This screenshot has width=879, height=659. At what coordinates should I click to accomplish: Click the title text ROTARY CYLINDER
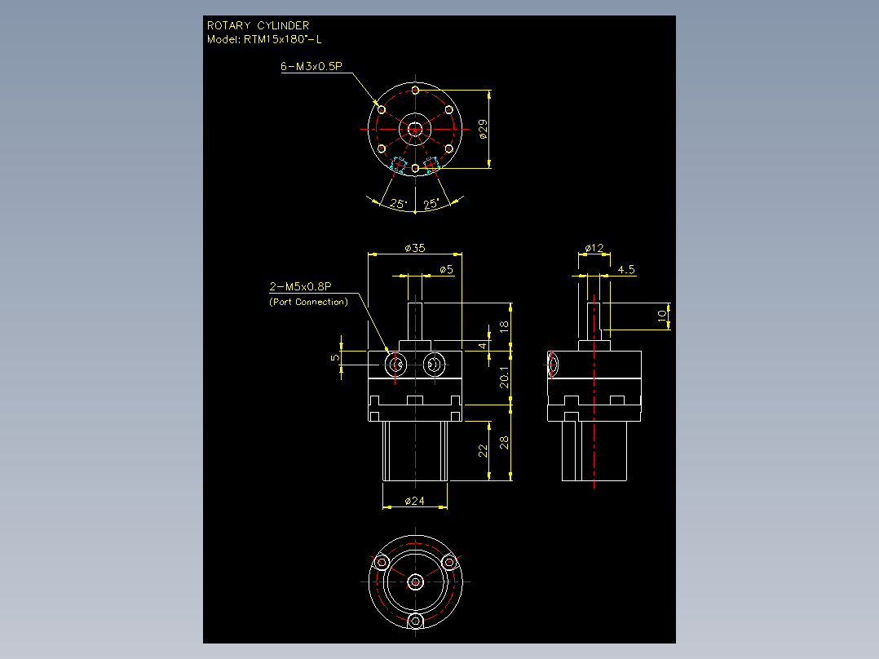(x=258, y=26)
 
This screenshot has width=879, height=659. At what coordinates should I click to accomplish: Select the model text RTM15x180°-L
(x=282, y=39)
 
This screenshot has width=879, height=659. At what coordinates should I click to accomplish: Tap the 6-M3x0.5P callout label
(x=311, y=66)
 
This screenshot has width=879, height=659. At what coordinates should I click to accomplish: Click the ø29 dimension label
(x=484, y=129)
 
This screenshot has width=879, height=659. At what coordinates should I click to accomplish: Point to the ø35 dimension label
(x=415, y=248)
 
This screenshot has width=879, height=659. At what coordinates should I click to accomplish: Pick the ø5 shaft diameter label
(x=446, y=270)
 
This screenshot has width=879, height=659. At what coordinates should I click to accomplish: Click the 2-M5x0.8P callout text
(x=300, y=286)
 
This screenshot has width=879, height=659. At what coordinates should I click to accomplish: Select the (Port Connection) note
(x=308, y=302)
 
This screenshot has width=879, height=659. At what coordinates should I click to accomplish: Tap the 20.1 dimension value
(x=505, y=378)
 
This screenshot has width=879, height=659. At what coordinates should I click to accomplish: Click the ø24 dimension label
(x=415, y=501)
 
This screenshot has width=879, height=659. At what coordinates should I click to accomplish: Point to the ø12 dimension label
(x=594, y=248)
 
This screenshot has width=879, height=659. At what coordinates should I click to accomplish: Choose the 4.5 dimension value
(x=626, y=270)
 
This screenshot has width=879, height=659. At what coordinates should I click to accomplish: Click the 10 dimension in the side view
(x=662, y=316)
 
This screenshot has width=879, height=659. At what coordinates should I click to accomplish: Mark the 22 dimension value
(x=483, y=450)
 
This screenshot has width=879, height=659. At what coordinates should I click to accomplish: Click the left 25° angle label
(x=398, y=204)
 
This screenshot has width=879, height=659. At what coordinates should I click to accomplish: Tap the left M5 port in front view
(x=396, y=365)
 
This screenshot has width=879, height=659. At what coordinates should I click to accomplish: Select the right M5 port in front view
(x=434, y=365)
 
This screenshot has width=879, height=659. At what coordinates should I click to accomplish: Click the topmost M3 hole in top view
(x=415, y=90)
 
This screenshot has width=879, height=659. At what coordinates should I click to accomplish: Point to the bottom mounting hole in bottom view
(x=415, y=621)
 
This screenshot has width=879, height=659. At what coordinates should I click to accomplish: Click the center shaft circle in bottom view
(x=415, y=582)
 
